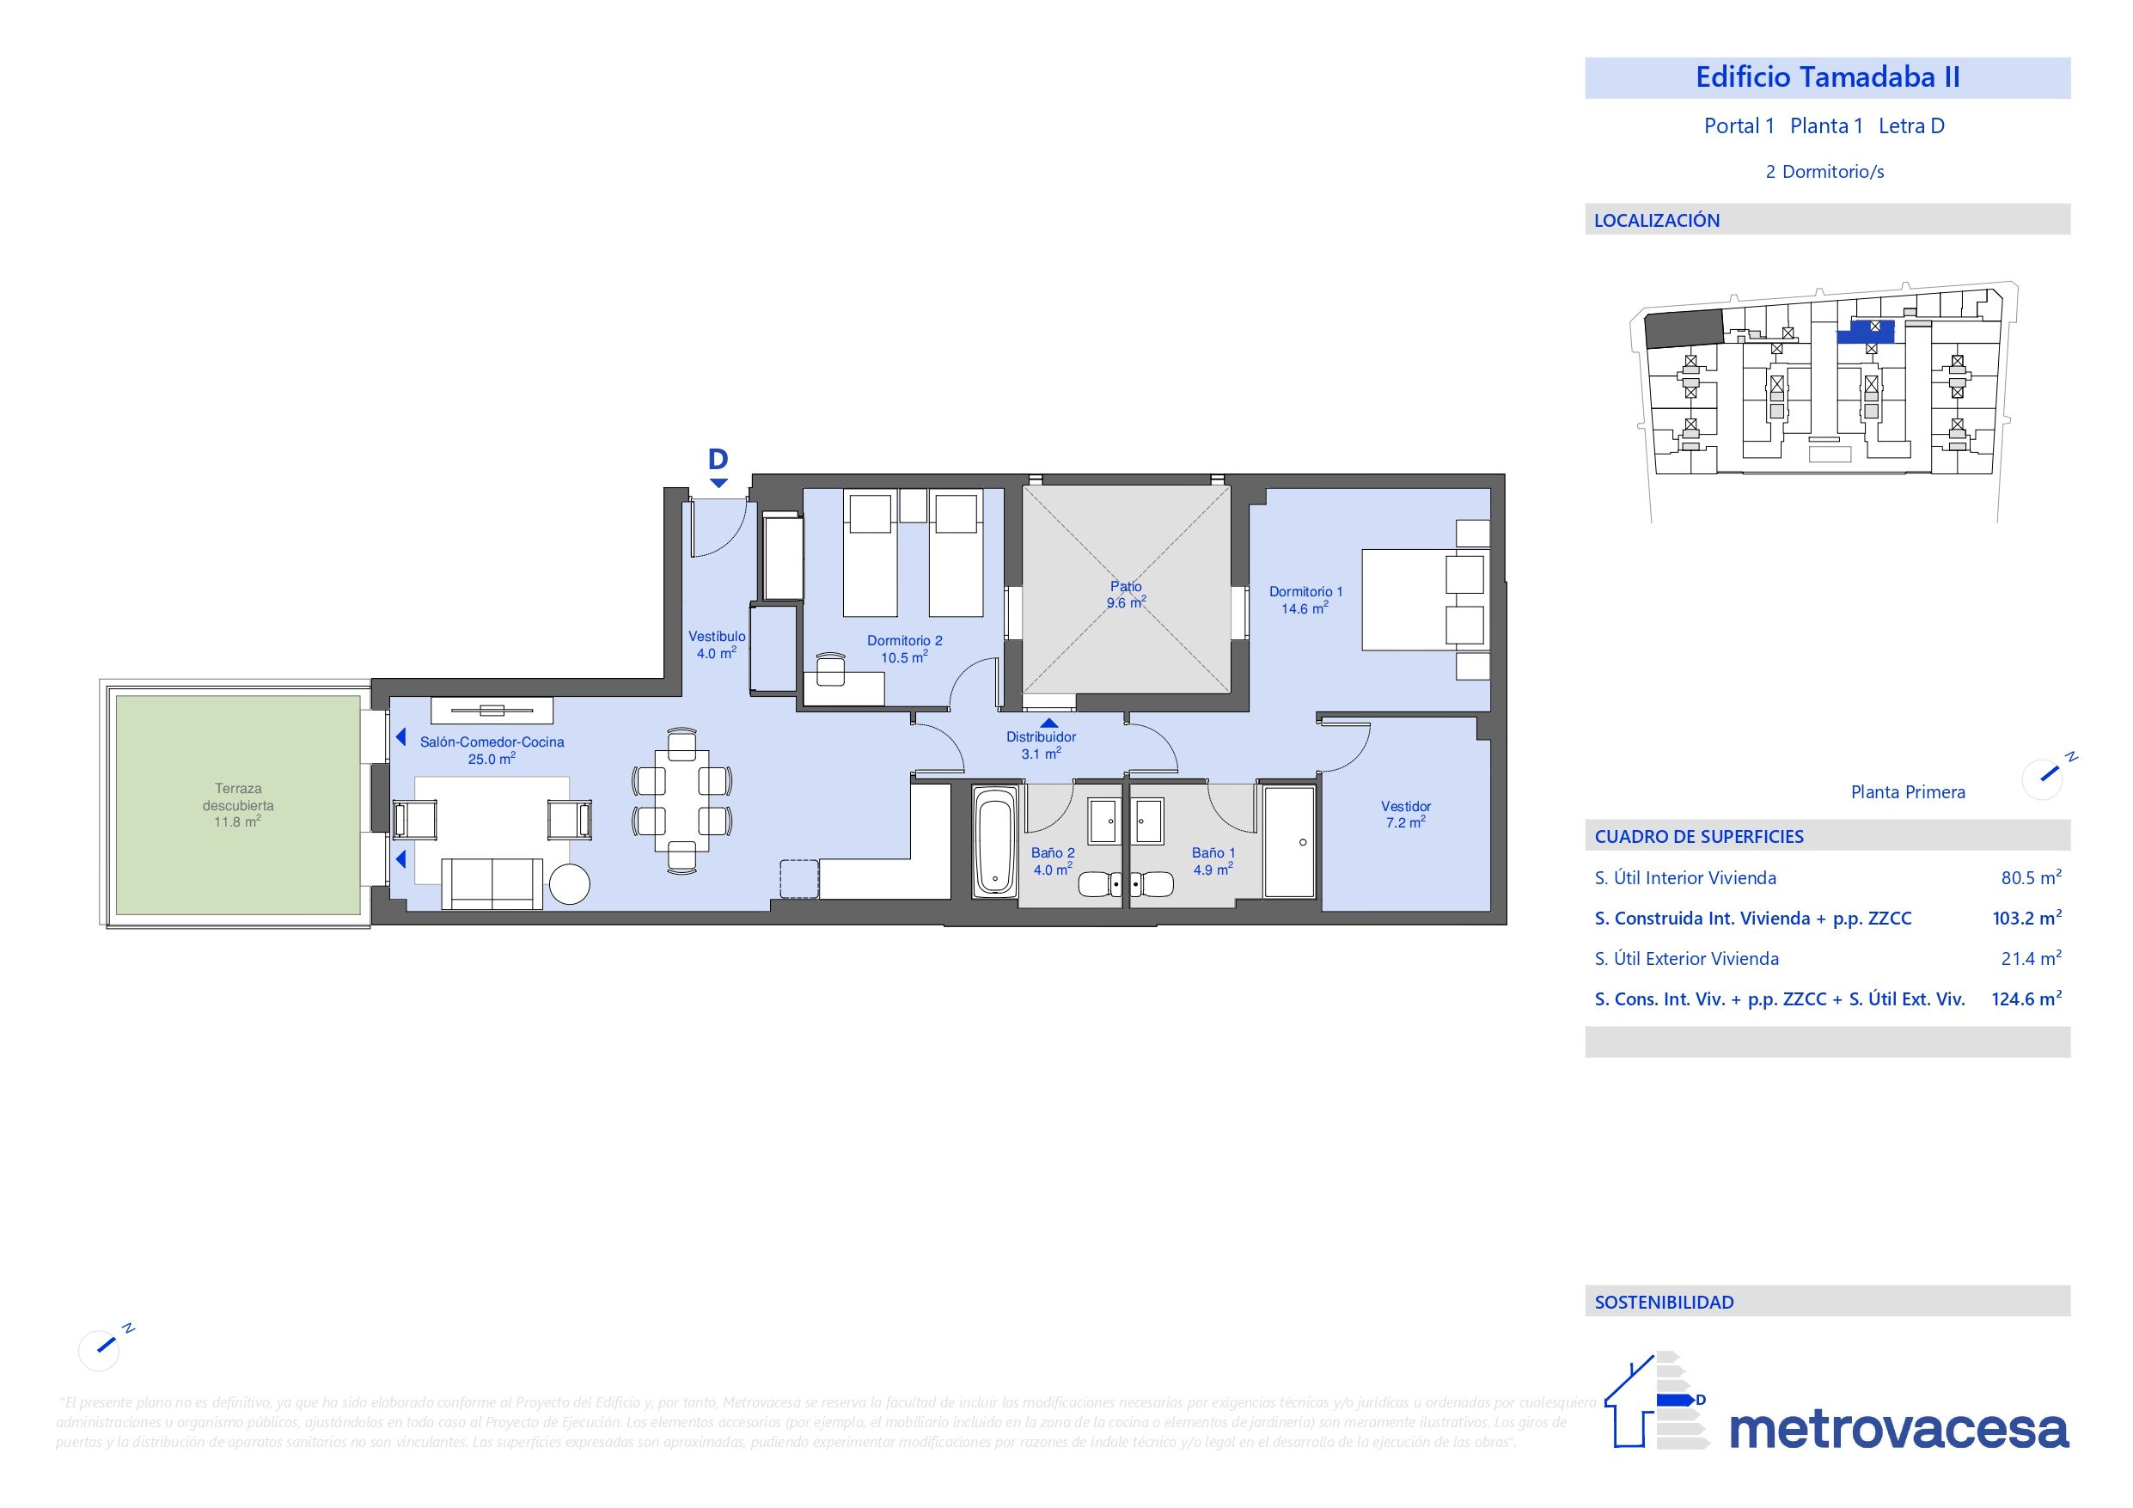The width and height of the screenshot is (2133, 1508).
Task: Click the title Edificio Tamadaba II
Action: [x=1826, y=77]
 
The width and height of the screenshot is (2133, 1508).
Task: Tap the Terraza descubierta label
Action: [x=238, y=804]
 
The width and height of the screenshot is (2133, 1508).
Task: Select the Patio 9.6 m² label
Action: [x=1125, y=595]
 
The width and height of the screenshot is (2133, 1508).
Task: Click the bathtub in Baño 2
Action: [x=995, y=842]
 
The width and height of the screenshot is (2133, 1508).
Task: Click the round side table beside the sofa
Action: [x=570, y=883]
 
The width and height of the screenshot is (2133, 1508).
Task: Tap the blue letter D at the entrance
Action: [x=718, y=459]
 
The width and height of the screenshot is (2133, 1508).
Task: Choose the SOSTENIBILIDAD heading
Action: [x=1664, y=1303]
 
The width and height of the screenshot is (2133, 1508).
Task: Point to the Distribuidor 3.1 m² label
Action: [x=1041, y=745]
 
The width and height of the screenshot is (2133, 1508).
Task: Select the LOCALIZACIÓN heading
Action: [x=1656, y=221]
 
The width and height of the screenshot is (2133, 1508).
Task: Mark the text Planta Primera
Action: [x=1907, y=792]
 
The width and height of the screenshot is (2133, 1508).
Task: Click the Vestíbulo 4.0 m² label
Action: [x=716, y=644]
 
